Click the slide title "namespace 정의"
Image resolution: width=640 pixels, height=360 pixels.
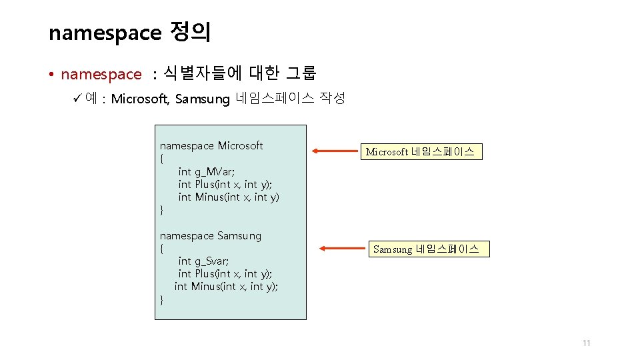(129, 32)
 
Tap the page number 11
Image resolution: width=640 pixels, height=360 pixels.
(586, 343)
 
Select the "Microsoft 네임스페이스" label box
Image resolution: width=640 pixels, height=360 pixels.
(420, 152)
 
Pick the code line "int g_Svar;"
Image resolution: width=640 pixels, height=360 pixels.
(203, 261)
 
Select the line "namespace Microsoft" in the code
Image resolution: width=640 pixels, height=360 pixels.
(211, 146)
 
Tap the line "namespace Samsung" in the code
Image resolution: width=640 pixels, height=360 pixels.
(211, 235)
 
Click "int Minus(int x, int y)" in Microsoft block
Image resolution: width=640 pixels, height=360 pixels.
(229, 197)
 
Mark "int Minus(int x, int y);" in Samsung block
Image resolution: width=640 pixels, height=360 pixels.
(226, 286)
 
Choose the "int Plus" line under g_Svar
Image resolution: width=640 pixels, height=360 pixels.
(225, 273)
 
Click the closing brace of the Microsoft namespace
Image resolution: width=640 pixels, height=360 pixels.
(162, 210)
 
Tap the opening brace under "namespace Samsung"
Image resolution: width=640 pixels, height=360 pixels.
(162, 249)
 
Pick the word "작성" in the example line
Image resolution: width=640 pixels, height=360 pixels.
(332, 99)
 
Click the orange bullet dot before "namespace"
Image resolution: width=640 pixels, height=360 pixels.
(51, 74)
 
